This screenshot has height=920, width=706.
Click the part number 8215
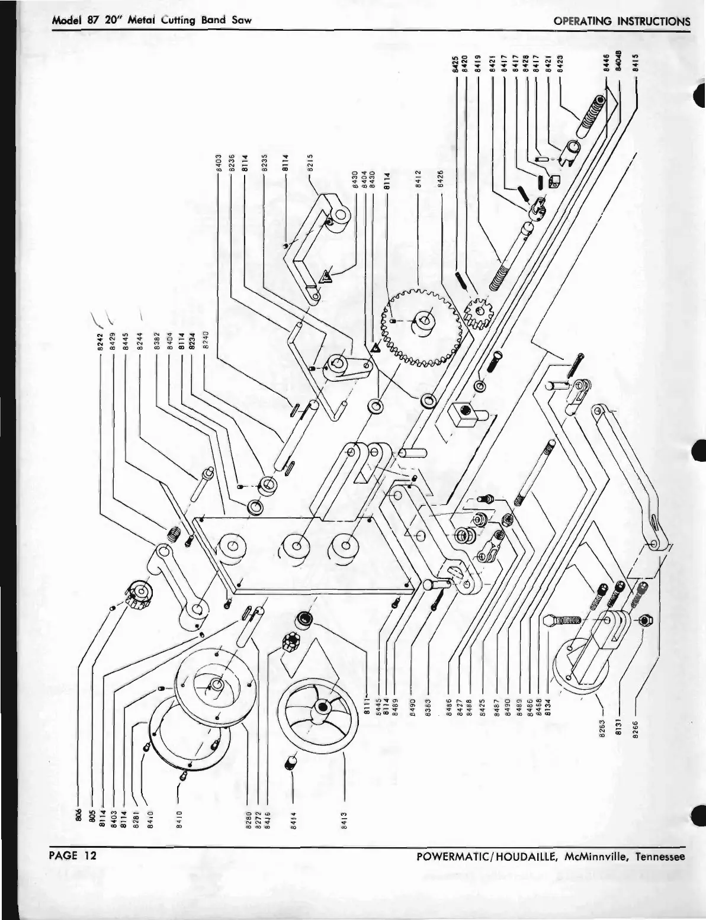(310, 162)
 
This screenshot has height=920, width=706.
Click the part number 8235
(265, 162)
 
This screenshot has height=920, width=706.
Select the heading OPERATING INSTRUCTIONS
(621, 21)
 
